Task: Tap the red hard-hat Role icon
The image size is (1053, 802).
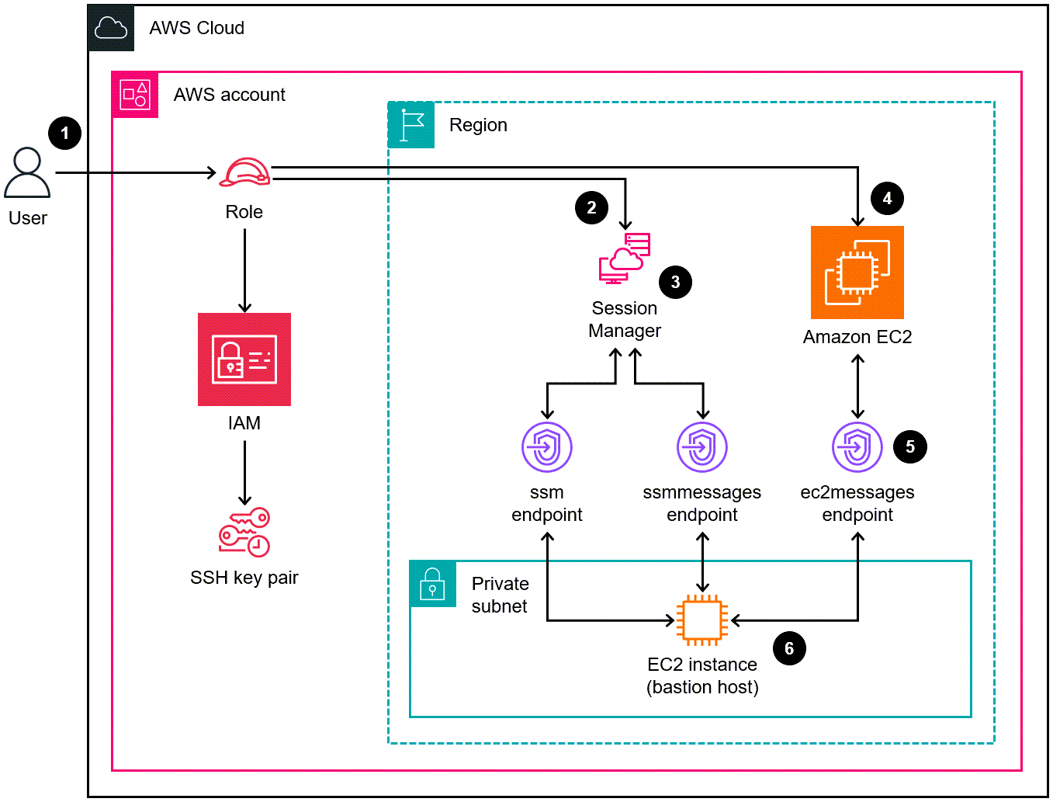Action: (x=244, y=172)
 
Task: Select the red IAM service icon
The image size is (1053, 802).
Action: (x=244, y=359)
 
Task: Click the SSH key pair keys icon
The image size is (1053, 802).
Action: (x=244, y=533)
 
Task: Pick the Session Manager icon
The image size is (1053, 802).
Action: (x=625, y=259)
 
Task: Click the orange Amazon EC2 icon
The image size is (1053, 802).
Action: (x=857, y=273)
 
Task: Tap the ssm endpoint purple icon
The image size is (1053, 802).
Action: (x=547, y=447)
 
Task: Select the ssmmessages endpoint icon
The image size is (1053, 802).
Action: (x=702, y=447)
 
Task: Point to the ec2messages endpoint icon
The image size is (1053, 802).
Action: (x=857, y=447)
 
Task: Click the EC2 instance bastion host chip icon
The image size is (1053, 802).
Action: (x=702, y=620)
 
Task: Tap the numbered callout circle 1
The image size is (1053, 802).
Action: (x=65, y=134)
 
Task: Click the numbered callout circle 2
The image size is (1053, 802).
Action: (x=591, y=207)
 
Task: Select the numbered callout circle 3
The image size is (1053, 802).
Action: (x=675, y=282)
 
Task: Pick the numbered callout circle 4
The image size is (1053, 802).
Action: (x=887, y=199)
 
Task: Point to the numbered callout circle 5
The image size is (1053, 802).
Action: (x=910, y=447)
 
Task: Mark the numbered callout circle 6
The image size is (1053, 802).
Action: (x=789, y=648)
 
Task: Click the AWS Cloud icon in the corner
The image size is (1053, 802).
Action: (x=111, y=29)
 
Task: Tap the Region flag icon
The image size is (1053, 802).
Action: (x=411, y=125)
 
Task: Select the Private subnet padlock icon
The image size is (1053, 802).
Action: (x=432, y=584)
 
